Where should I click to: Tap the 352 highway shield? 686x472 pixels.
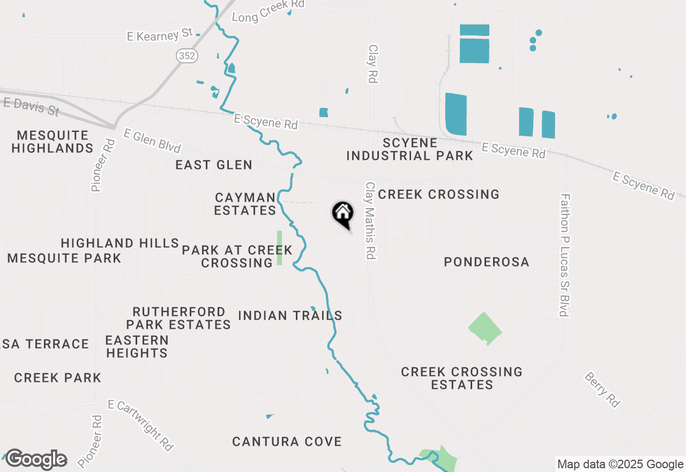pyautogui.click(x=187, y=55)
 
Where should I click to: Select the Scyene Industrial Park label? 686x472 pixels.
pyautogui.click(x=410, y=149)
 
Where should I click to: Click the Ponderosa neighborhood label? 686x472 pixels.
pyautogui.click(x=487, y=262)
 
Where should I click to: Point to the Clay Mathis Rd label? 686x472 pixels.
pyautogui.click(x=370, y=220)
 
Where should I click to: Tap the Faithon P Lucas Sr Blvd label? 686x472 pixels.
pyautogui.click(x=564, y=255)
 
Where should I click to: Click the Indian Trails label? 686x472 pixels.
pyautogui.click(x=290, y=315)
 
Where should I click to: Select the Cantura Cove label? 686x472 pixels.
pyautogui.click(x=287, y=441)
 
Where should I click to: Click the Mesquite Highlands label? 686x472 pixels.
pyautogui.click(x=53, y=142)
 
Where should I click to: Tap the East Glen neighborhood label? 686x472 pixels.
pyautogui.click(x=214, y=165)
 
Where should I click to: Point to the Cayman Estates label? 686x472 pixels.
pyautogui.click(x=245, y=204)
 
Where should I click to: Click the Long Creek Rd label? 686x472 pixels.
pyautogui.click(x=268, y=10)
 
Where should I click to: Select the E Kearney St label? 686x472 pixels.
pyautogui.click(x=160, y=35)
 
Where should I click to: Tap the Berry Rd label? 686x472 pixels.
pyautogui.click(x=602, y=390)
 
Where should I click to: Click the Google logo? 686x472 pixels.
pyautogui.click(x=36, y=460)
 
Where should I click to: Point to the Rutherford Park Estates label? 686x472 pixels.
pyautogui.click(x=178, y=318)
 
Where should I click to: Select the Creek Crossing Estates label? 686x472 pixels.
pyautogui.click(x=461, y=378)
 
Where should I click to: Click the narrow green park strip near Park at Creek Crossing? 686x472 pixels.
pyautogui.click(x=279, y=247)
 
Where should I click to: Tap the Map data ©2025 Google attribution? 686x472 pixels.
pyautogui.click(x=620, y=464)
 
